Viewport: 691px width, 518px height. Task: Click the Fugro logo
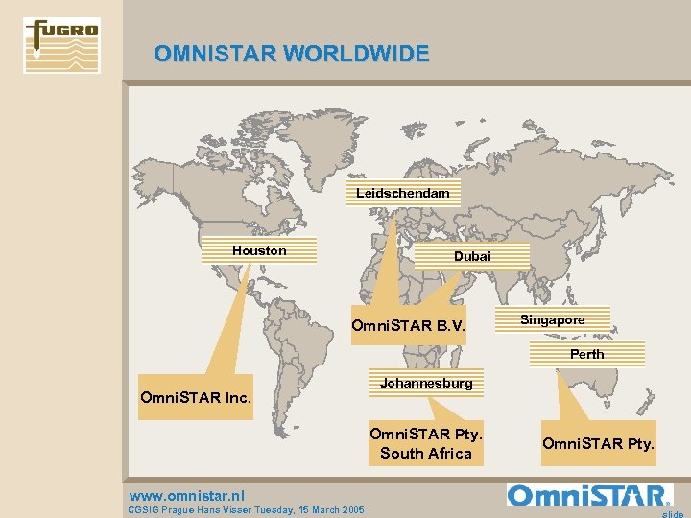click(x=61, y=45)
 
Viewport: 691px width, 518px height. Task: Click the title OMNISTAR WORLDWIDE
click(x=291, y=54)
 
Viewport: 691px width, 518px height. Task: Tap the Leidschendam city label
click(x=403, y=194)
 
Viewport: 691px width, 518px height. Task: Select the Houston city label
click(x=259, y=250)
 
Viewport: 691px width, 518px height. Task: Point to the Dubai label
click(x=472, y=256)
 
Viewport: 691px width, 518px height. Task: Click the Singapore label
click(x=552, y=319)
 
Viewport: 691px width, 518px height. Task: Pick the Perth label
click(x=586, y=355)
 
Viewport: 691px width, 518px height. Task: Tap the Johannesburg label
click(x=426, y=384)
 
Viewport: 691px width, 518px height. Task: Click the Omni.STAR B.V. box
click(x=408, y=326)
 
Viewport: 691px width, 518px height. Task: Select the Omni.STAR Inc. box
click(x=196, y=396)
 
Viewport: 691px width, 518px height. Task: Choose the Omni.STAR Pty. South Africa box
click(x=426, y=443)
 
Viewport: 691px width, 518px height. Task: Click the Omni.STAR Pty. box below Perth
click(x=598, y=443)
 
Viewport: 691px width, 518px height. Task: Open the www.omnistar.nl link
click(x=186, y=496)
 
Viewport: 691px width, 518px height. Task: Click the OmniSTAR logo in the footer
click(x=588, y=496)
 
